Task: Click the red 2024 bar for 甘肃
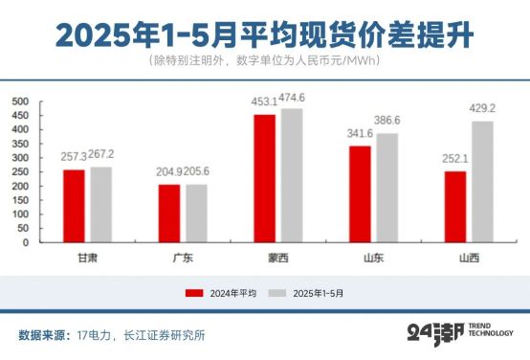pyautogui.click(x=74, y=206)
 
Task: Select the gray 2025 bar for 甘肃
pyautogui.click(x=100, y=205)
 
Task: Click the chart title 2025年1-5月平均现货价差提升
pyautogui.click(x=264, y=34)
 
